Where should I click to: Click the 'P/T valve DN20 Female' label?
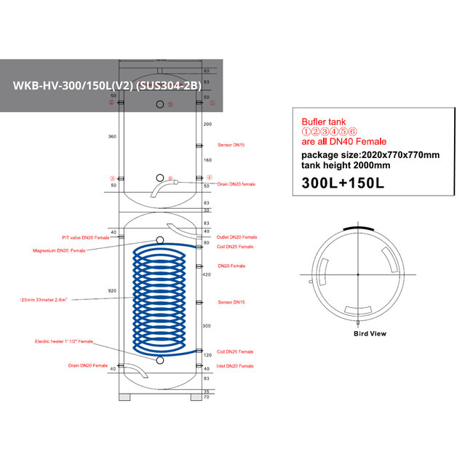(x=85, y=237)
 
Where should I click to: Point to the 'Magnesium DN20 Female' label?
(x=59, y=250)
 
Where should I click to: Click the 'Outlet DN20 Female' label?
(x=236, y=237)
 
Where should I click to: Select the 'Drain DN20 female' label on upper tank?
(x=236, y=184)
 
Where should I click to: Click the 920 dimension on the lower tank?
(x=111, y=290)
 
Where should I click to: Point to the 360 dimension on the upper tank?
(x=111, y=136)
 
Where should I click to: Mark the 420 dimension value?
(x=207, y=275)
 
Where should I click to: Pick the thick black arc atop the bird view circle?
(x=357, y=227)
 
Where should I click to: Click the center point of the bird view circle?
(x=357, y=274)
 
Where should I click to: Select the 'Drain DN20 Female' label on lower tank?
(x=88, y=365)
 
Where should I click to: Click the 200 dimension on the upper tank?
(x=207, y=124)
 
